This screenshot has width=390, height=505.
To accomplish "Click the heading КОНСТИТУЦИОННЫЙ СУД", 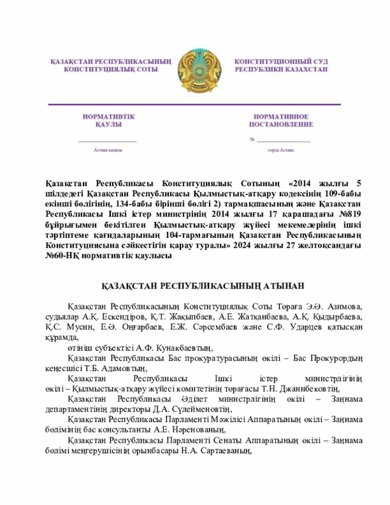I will pyautogui.click(x=281, y=62).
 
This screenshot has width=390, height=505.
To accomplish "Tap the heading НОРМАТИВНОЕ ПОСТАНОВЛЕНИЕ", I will pyautogui.click(x=281, y=120).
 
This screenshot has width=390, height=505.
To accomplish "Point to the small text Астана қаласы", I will pyautogui.click(x=108, y=149).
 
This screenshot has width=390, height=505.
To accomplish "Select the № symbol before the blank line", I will pyautogui.click(x=252, y=140).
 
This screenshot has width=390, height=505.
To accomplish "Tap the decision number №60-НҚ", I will pyautogui.click(x=62, y=256).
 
